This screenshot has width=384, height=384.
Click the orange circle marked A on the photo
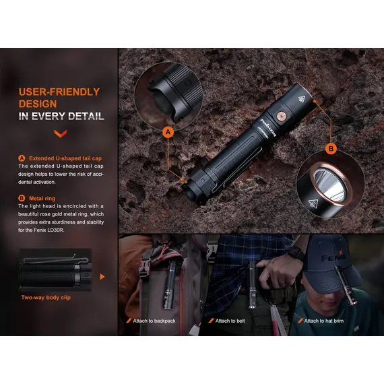click(x=168, y=132)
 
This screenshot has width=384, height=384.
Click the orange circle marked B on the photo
click(x=331, y=149)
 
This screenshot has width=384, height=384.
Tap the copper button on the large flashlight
click(x=282, y=116)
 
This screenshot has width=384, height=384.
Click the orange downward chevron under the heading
click(x=60, y=133)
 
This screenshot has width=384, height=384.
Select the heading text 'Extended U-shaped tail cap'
click(x=65, y=158)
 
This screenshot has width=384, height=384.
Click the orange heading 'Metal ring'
click(x=42, y=198)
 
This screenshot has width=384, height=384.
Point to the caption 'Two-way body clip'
click(x=46, y=298)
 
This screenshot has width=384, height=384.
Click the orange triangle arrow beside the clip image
click(x=102, y=277)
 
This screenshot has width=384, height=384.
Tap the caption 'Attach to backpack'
click(x=154, y=321)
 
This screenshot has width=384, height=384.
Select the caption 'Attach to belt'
click(x=230, y=321)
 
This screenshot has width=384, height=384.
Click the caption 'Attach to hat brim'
click(x=324, y=321)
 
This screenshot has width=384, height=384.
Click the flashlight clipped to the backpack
click(x=170, y=285)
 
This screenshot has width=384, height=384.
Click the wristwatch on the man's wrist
click(x=296, y=253)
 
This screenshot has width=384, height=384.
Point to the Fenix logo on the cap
click(x=333, y=257)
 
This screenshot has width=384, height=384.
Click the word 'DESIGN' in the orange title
click(x=38, y=104)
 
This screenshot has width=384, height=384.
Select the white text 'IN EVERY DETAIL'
click(x=61, y=116)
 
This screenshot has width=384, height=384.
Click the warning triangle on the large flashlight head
click(x=302, y=99)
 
